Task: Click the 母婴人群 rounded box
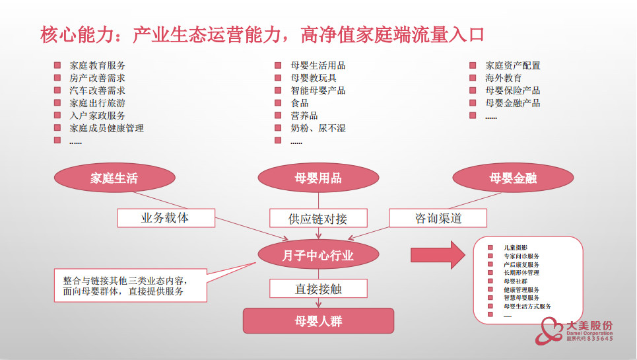point(318,321)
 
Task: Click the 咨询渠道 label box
point(438,218)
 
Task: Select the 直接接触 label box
point(318,289)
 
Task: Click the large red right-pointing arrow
point(438,255)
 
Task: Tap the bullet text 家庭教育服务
point(98,65)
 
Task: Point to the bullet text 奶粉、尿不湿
point(318,128)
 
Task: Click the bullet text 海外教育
point(504,78)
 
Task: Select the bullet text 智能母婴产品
point(318,90)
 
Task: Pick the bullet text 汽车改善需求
point(98,90)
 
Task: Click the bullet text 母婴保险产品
point(513,90)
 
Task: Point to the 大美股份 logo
point(574,330)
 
